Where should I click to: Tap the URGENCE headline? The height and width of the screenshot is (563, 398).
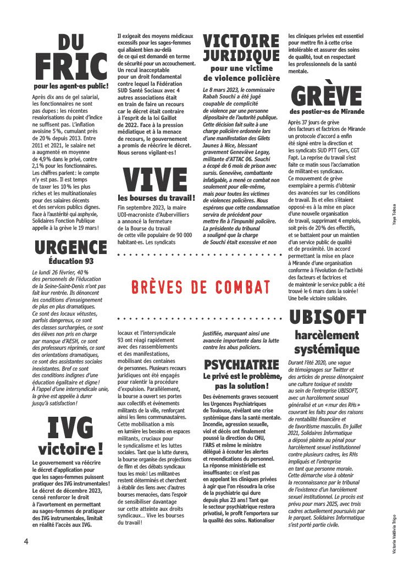tap(70, 247)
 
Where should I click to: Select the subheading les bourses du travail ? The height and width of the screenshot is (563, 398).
tap(157, 198)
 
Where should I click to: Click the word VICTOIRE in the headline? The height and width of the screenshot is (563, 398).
tap(241, 41)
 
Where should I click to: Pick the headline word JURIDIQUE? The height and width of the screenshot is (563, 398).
tap(241, 56)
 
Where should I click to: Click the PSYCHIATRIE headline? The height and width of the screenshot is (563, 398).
tap(241, 365)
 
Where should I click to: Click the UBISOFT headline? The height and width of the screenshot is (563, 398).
tap(327, 318)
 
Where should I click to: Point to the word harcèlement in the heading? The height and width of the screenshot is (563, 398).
tap(327, 335)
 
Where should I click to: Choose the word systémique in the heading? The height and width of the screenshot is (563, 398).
tap(327, 350)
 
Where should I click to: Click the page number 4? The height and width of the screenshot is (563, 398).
tap(26, 542)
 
